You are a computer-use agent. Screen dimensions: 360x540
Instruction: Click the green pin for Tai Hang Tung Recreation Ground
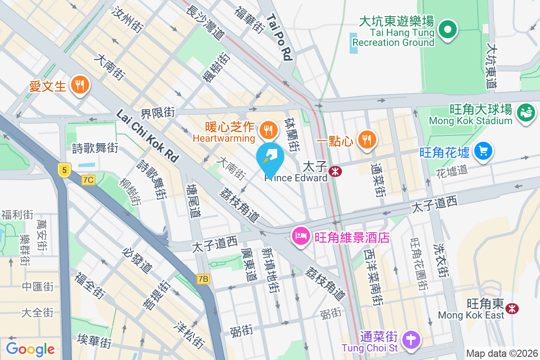coord(448,30)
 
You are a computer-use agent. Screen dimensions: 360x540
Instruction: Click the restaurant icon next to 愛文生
coord(80,85)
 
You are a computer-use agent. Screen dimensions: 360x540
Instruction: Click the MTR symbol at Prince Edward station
coord(334,171)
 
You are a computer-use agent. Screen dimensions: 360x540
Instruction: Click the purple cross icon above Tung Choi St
coord(410,338)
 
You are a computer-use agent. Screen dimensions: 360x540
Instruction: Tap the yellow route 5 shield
coord(65,170)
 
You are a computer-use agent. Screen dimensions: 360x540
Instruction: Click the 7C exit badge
coord(88,180)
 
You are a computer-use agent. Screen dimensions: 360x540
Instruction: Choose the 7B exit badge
coord(203,279)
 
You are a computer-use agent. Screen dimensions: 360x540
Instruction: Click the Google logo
coord(30,349)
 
